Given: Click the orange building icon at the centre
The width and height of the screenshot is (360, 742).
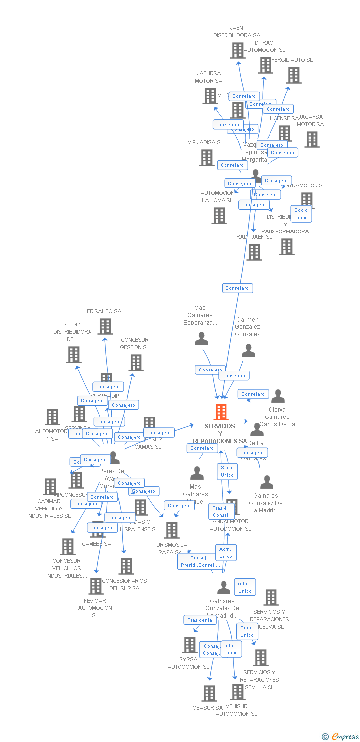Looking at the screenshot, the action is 221,412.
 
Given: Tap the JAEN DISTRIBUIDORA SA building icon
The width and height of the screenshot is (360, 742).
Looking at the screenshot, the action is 238,50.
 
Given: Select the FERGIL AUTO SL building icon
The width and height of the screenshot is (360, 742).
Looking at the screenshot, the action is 294,75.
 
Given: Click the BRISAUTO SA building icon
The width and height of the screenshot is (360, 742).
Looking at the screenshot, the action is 105,326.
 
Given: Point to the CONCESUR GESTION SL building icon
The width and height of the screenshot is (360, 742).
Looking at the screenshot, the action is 136,363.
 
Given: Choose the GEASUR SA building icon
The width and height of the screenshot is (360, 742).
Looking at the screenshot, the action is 209,694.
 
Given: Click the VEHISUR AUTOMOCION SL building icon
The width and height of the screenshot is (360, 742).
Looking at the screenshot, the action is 238,692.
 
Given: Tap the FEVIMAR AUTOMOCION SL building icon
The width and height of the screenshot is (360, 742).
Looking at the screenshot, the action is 95,586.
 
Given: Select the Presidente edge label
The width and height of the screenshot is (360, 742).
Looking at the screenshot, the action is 200,620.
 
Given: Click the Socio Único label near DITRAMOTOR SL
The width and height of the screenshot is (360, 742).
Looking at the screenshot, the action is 301,214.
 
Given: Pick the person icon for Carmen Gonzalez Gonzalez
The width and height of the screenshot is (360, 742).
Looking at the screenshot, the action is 248,351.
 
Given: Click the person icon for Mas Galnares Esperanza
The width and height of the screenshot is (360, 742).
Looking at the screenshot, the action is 201,339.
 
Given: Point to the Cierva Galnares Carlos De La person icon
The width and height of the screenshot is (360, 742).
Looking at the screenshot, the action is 278,396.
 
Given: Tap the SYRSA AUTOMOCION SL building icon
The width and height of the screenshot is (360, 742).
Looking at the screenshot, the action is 189,645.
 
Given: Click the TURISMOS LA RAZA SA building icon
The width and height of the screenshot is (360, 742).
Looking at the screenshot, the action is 172,530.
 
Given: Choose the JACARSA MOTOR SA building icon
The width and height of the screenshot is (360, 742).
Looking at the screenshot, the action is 312,139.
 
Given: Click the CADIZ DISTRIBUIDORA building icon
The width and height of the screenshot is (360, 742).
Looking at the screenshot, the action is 74,355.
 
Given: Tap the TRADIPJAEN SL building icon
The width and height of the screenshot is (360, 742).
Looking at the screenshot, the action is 254,252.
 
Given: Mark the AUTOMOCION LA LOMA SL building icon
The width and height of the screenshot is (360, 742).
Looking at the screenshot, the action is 219,216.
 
